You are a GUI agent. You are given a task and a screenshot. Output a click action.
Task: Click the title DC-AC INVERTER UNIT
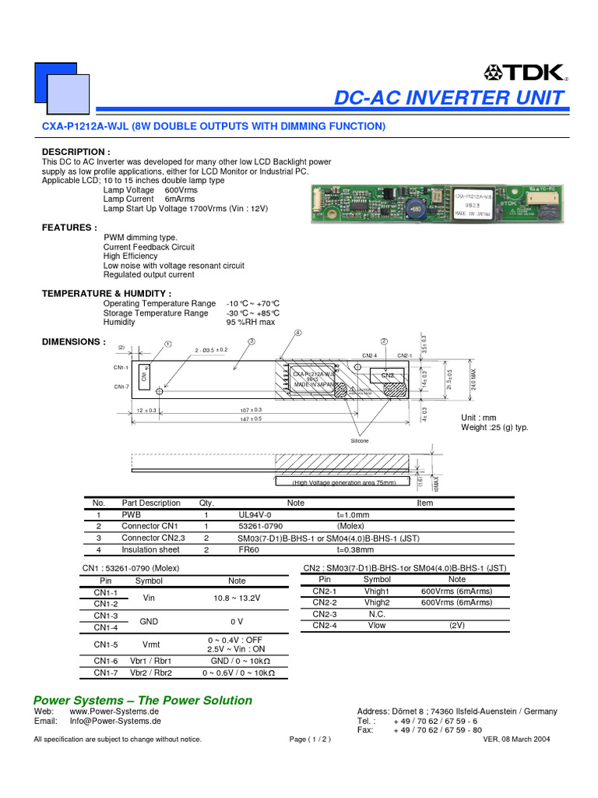[x=449, y=98]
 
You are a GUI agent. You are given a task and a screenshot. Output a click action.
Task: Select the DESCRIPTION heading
[x=76, y=151]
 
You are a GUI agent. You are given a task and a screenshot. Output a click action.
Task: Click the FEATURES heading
[x=69, y=228]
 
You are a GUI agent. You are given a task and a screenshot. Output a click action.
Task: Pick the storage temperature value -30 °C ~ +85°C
[x=253, y=312]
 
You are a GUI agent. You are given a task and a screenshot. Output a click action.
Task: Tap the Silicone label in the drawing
[x=359, y=441]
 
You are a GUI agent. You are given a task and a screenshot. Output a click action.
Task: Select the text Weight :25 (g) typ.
[x=495, y=427]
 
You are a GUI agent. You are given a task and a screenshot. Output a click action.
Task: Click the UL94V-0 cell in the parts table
[x=255, y=515]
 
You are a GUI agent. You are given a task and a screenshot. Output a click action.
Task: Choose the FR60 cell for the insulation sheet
[x=248, y=549]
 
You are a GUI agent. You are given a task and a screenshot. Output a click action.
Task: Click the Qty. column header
[x=206, y=503]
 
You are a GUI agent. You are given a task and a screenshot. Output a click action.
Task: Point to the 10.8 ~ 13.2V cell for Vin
[x=237, y=598]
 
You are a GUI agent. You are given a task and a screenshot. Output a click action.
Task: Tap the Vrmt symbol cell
[x=149, y=644]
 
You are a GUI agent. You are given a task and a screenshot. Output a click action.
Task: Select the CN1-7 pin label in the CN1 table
[x=106, y=673]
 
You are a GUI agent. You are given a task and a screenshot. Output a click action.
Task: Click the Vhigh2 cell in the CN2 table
[x=377, y=602]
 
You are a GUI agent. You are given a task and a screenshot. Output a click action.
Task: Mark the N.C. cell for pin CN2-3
[x=377, y=613]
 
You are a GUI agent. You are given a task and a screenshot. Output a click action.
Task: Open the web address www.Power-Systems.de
[x=114, y=711]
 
